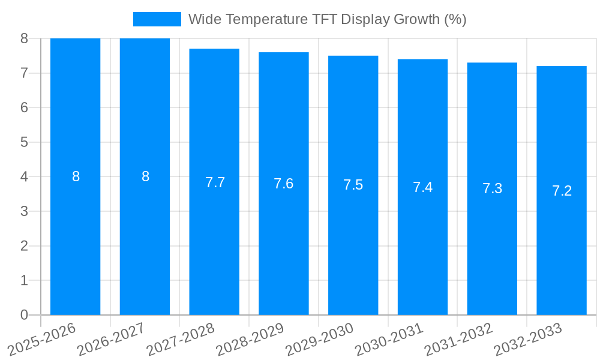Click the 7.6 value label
pyautogui.click(x=284, y=184)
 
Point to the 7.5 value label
pyautogui.click(x=353, y=185)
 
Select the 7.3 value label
pyautogui.click(x=492, y=188)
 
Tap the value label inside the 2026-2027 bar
pyautogui.click(x=145, y=176)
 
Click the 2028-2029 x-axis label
pyautogui.click(x=250, y=339)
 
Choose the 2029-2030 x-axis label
pyautogui.click(x=319, y=339)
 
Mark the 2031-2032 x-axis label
pyautogui.click(x=458, y=339)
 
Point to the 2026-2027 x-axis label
pyautogui.click(x=111, y=339)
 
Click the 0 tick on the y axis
pyautogui.click(x=24, y=315)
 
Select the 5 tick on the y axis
pyautogui.click(x=24, y=142)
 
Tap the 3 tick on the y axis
pyautogui.click(x=24, y=211)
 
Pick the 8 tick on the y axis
pyautogui.click(x=24, y=38)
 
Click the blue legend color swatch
pyautogui.click(x=157, y=19)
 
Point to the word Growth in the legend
pyautogui.click(x=416, y=19)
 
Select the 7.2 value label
pyautogui.click(x=562, y=191)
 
